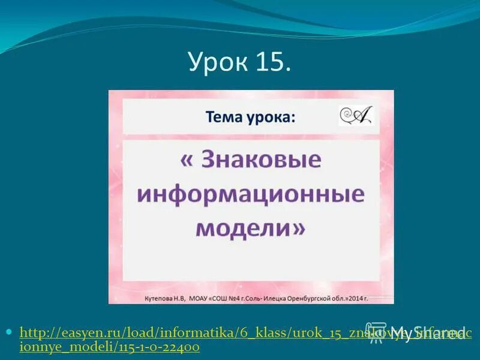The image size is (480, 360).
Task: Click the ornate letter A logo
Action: [355, 116]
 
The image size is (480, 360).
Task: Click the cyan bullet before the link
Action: [10, 331]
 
